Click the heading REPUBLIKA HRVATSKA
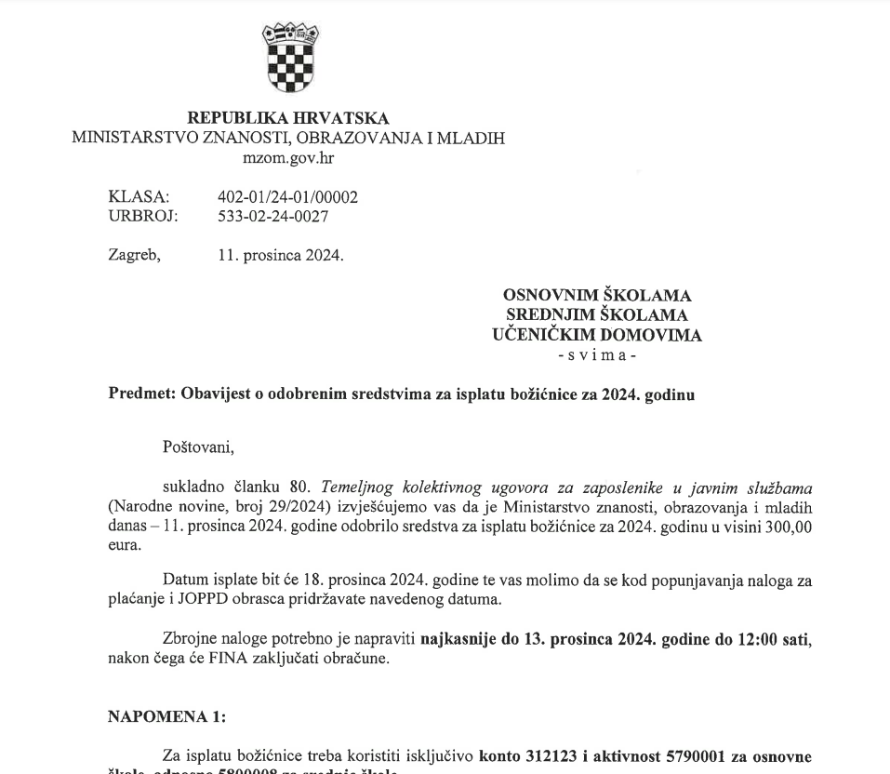[288, 118]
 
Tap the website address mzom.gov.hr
[288, 158]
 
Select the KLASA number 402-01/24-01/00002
[287, 197]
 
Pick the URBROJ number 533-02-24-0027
[272, 217]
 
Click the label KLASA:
[139, 197]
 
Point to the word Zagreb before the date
[134, 255]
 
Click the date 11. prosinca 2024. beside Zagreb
[281, 255]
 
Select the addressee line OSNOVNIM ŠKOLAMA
[597, 296]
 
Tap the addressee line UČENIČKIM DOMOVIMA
[597, 336]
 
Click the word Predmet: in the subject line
[140, 394]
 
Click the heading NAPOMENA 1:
[166, 716]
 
